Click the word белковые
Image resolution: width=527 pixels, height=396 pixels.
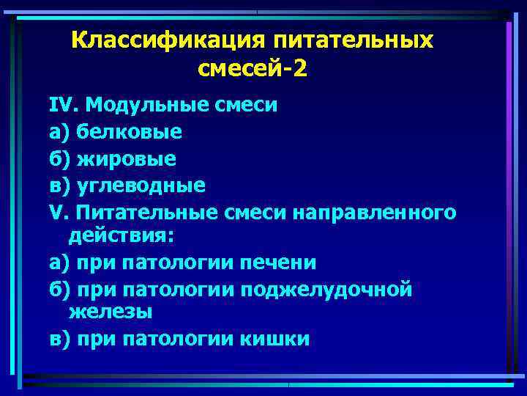(127, 132)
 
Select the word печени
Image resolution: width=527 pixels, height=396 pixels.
(280, 262)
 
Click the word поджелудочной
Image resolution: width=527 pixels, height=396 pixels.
(333, 289)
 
